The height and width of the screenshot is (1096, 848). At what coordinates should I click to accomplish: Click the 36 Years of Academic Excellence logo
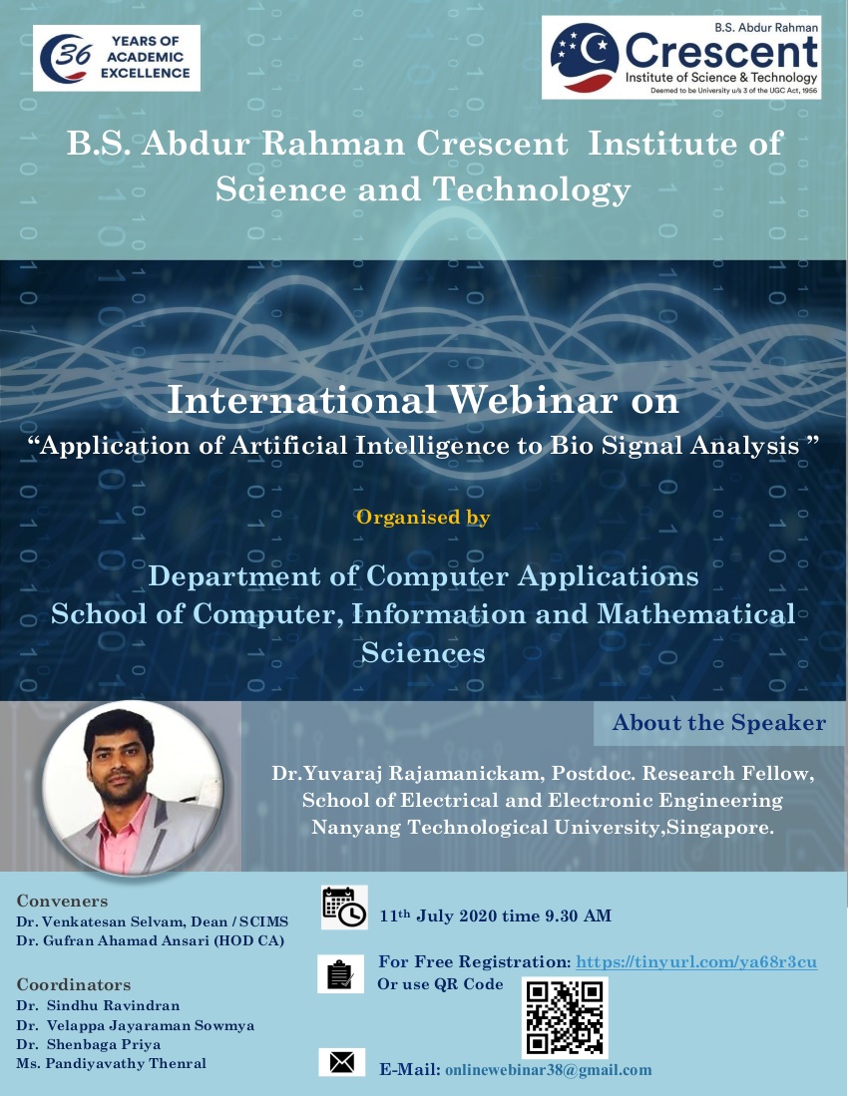117,58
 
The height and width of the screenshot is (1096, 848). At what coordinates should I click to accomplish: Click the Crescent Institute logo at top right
681,58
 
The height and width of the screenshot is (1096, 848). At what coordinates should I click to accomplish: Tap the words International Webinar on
423,401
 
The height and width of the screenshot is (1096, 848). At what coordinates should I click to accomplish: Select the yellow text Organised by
423,518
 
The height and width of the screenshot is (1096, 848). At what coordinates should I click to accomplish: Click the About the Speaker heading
718,723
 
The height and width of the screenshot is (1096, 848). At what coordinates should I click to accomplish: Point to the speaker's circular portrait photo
133,787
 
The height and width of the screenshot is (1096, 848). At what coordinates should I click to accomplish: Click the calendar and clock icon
344,908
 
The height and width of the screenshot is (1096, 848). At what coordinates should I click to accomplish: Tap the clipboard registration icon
340,973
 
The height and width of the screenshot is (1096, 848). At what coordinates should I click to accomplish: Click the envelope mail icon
342,1062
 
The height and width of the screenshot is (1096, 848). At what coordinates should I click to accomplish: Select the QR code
565,1017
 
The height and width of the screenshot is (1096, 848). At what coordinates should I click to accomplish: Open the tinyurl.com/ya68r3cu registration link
696,962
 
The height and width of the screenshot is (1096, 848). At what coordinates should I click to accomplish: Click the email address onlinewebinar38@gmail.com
548,1070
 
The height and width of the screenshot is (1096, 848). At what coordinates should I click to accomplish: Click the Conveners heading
62,901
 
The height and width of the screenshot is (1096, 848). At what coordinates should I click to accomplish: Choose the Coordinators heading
74,985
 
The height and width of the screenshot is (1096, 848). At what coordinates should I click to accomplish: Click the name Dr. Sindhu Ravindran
98,1006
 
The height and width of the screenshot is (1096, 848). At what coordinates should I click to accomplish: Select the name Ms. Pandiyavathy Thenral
111,1064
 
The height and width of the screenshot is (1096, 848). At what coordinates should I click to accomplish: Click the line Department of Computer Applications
423,576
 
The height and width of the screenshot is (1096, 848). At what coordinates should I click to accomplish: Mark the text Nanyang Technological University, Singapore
543,828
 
